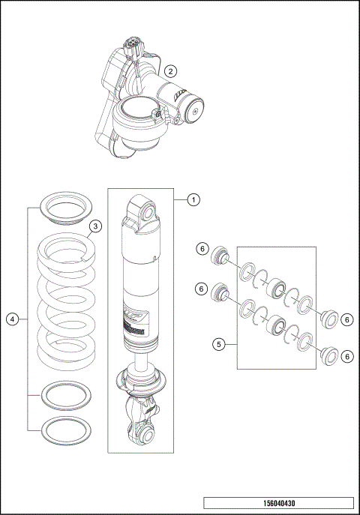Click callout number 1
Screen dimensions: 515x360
tap(193, 199)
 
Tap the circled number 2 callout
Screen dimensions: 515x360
tap(171, 71)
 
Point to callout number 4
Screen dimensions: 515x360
tap(12, 319)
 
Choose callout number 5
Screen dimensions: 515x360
tap(218, 344)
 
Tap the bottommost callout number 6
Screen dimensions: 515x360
tap(347, 356)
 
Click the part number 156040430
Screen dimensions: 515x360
tap(277, 504)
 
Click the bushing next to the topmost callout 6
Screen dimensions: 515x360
tap(220, 256)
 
